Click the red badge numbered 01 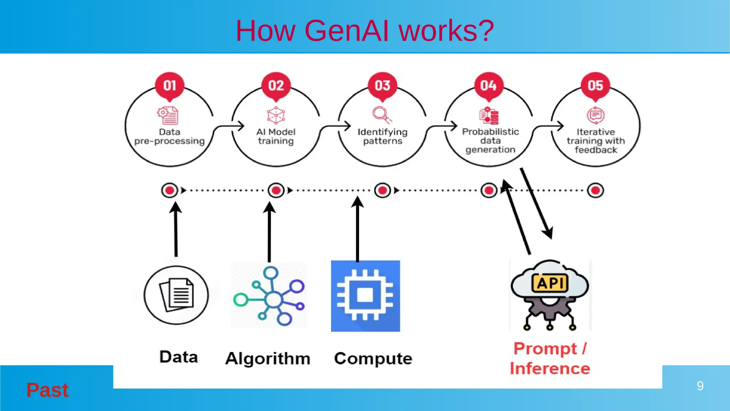click(x=170, y=86)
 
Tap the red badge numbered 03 click(x=382, y=86)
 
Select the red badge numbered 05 click(x=595, y=86)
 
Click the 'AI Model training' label click(x=276, y=137)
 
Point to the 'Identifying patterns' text click(x=382, y=137)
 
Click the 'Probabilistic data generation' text click(x=490, y=141)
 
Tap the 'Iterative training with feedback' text click(x=596, y=141)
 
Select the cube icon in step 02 click(x=276, y=115)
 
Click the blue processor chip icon click(x=365, y=296)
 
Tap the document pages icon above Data click(x=176, y=295)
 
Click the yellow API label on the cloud click(x=550, y=283)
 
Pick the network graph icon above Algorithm click(x=269, y=296)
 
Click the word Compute click(x=373, y=358)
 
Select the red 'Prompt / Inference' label click(x=550, y=358)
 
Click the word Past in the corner click(x=47, y=390)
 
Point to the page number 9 click(x=700, y=386)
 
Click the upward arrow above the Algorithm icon click(x=269, y=232)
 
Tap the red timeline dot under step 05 click(x=595, y=190)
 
